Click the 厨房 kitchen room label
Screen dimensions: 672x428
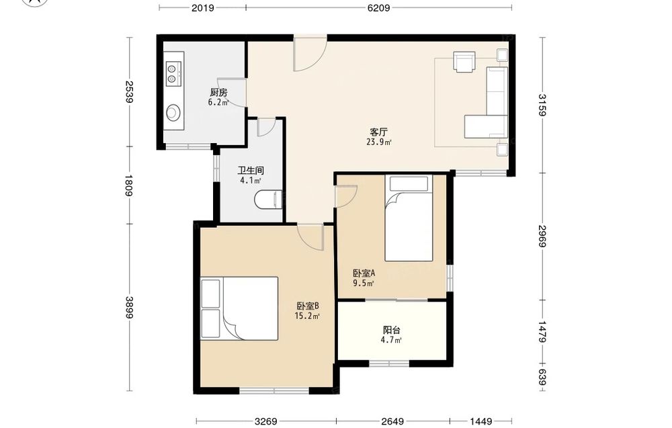coord(218,92)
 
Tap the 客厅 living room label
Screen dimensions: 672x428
coord(379,132)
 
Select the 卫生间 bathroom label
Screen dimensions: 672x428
coord(251,170)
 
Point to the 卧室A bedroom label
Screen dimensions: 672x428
coord(364,273)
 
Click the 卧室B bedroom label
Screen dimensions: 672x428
coord(308,306)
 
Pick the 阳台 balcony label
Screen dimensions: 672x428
coord(391,331)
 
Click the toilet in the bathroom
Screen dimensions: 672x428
coord(268,200)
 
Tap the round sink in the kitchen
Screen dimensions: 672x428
coord(173,113)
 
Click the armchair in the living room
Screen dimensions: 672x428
coord(464,62)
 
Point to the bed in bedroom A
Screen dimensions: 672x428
coord(409,218)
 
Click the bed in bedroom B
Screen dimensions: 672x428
coord(240,308)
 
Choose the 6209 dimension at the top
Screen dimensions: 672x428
coord(379,7)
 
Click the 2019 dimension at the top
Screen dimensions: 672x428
coord(203,7)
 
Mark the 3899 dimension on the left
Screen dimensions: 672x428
coord(128,308)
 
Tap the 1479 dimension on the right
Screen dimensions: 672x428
coord(542,332)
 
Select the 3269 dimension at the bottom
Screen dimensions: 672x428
coord(265,421)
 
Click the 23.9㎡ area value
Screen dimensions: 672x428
coord(379,142)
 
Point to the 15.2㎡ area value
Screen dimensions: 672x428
coord(307,316)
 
